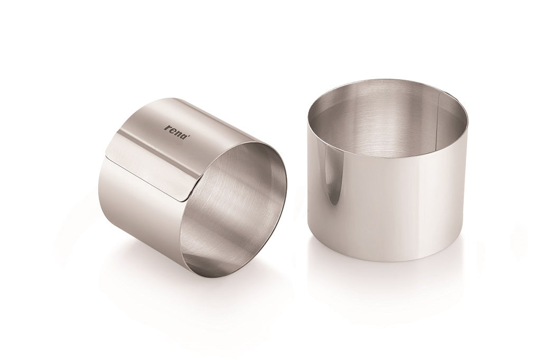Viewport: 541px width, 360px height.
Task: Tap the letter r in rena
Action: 167,127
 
